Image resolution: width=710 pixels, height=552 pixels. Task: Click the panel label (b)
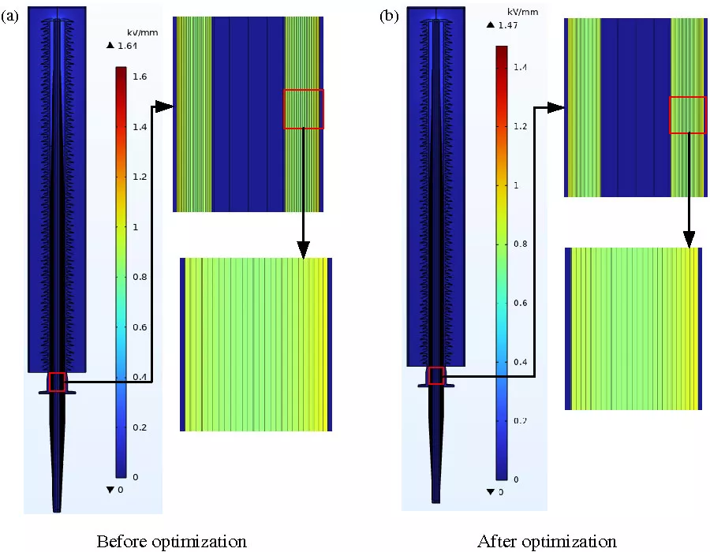click(389, 16)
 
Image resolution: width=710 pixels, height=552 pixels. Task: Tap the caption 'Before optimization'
click(171, 541)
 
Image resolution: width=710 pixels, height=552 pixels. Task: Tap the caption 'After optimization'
click(547, 541)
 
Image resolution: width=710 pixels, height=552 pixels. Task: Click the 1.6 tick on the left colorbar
click(139, 76)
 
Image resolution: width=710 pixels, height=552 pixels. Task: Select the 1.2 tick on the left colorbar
click(139, 177)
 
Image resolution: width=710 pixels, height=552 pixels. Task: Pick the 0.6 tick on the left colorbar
click(139, 326)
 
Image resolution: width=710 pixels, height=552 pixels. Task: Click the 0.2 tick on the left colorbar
click(139, 427)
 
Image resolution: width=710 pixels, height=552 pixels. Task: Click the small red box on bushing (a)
click(56, 382)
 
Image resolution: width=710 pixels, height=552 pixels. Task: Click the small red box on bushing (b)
click(435, 375)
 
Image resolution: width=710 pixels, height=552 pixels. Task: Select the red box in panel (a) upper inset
click(304, 109)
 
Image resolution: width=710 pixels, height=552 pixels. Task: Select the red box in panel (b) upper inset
click(687, 115)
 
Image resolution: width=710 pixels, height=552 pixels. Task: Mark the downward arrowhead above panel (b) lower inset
click(689, 239)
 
